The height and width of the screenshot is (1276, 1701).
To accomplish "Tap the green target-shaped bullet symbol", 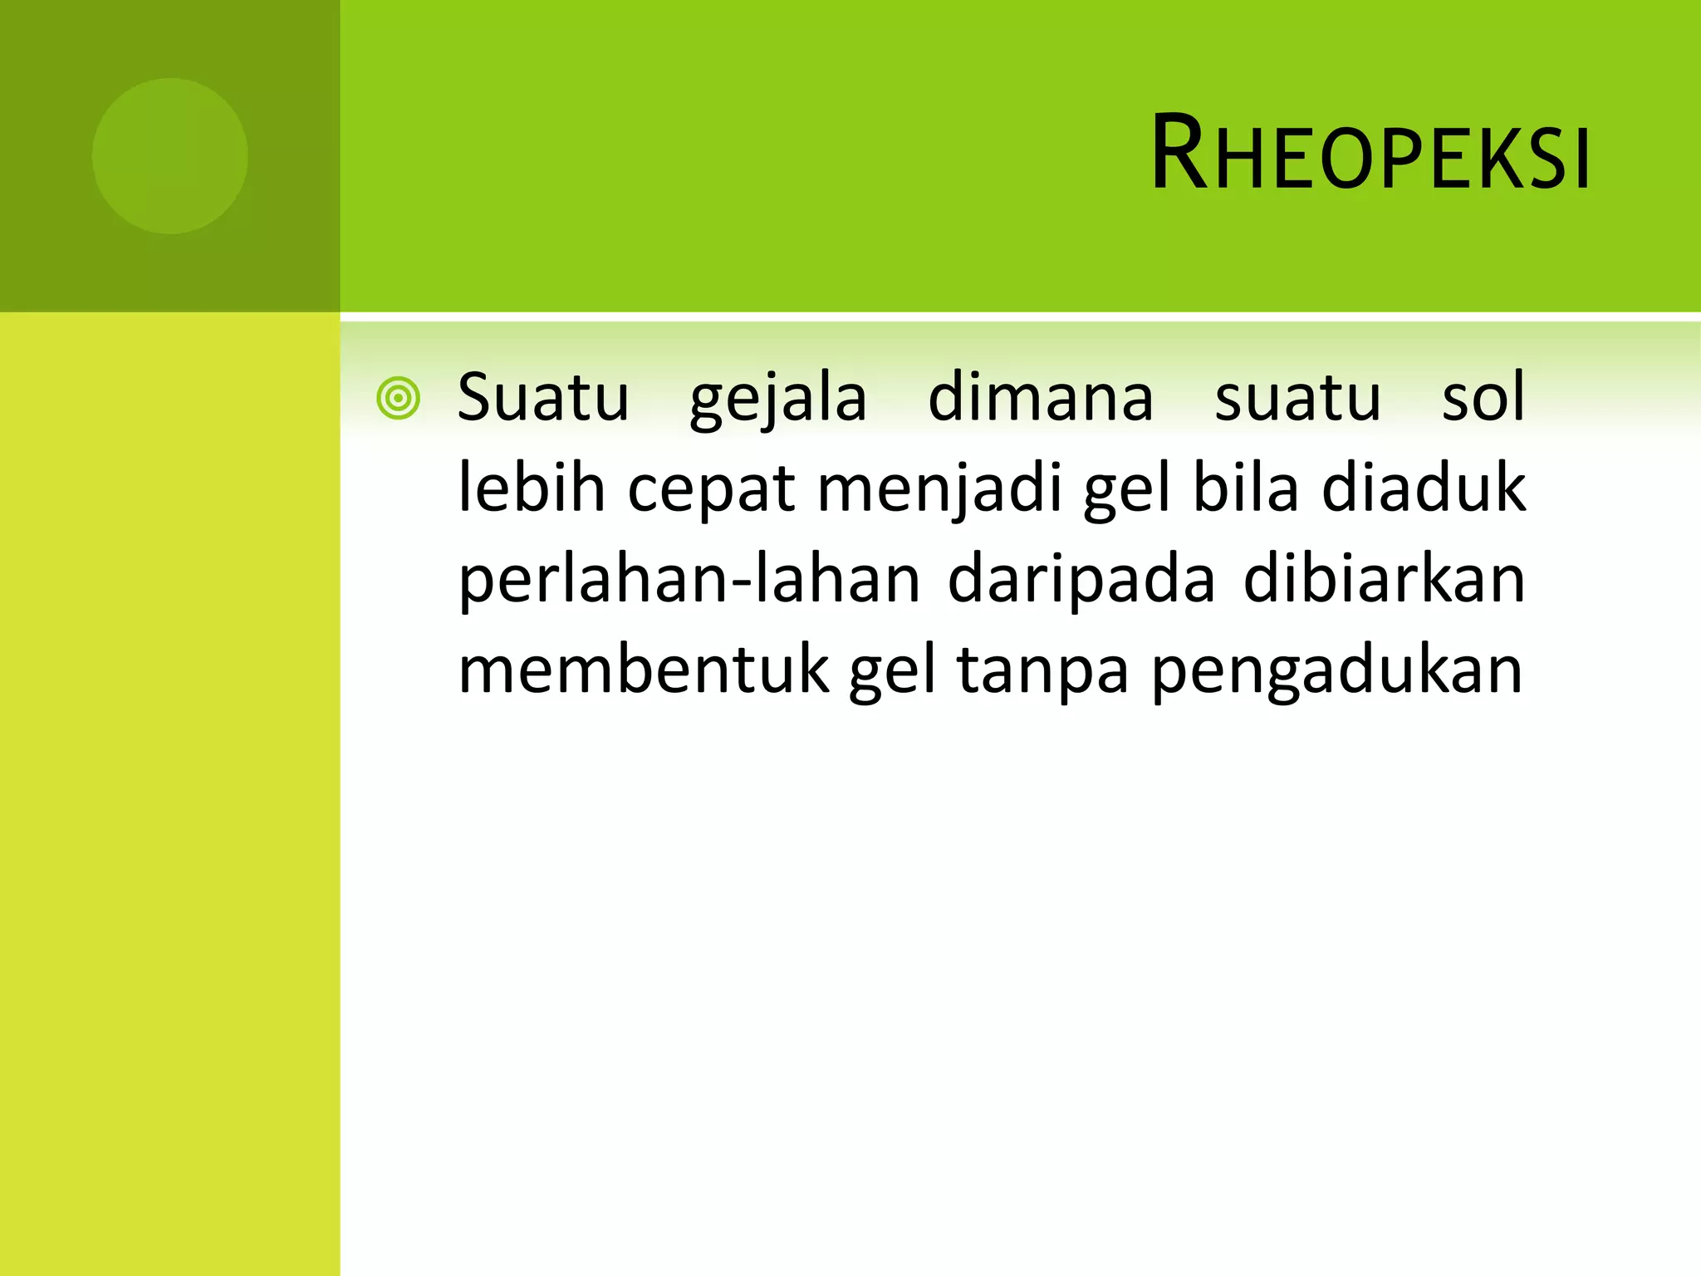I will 398,399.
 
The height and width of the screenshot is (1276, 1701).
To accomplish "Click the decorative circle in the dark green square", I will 169,155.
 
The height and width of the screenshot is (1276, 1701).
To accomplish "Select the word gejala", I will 778,399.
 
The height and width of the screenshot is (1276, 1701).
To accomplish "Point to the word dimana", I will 1041,399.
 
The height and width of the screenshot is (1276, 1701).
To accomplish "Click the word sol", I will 1483,399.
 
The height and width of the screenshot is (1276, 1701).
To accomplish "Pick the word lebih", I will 532,488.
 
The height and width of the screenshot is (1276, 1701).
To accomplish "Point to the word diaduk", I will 1424,488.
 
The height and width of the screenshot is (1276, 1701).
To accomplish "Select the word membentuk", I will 644,670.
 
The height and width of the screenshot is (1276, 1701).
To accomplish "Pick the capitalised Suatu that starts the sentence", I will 543,399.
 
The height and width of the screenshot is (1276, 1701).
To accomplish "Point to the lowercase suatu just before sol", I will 1298,399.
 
